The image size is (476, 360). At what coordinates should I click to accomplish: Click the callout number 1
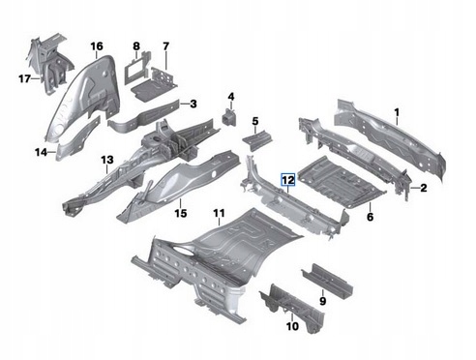pos(397,112)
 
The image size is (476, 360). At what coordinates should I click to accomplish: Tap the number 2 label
pos(424,188)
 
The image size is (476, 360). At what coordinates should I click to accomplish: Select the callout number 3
pos(193,104)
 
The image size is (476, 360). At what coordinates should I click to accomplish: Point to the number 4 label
pos(231,97)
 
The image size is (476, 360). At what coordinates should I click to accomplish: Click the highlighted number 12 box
pos(288,180)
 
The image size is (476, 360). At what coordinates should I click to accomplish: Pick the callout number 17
pos(24,78)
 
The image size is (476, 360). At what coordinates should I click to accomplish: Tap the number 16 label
pos(97,46)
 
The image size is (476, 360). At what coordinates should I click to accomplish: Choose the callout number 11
pos(219,213)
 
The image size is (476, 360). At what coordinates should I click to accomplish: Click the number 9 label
pos(322,301)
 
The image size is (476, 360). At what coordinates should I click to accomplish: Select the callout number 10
pos(292,326)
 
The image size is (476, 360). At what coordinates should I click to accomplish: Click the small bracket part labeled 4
pos(229,118)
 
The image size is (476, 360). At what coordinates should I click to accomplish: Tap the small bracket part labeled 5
pos(257,141)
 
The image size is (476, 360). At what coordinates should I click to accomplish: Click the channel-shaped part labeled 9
pos(327,280)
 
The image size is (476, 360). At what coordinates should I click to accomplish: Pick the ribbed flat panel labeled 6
pos(342,181)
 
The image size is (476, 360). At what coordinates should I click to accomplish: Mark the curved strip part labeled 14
pos(78,138)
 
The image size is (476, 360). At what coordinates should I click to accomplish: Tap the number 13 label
pos(107,160)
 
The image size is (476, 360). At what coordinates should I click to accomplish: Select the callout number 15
pos(181,213)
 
